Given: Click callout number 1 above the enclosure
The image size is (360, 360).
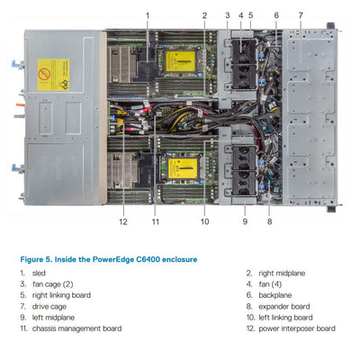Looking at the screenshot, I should point(148,15).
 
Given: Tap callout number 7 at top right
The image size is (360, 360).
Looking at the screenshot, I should point(301,15).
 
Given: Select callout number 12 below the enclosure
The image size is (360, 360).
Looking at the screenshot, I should point(123,221).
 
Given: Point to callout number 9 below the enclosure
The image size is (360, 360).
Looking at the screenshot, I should point(244,221).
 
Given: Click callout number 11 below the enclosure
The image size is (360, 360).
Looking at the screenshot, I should point(155,221).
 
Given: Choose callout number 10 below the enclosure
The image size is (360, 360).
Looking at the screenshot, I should point(204,221).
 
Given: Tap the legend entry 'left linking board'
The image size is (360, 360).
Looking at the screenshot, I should point(286,318).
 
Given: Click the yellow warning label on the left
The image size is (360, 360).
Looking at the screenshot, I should point(53,75).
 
